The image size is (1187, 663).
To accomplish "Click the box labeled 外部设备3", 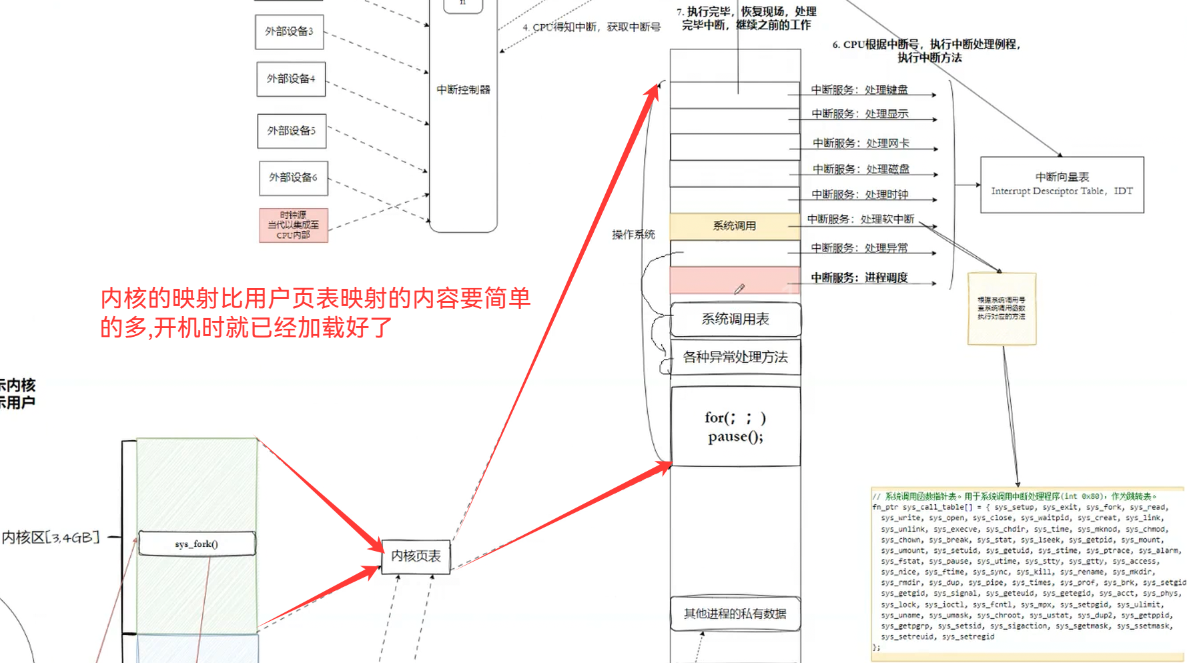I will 289,32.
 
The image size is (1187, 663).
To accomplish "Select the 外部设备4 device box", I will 291,79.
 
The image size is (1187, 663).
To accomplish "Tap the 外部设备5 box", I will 292,131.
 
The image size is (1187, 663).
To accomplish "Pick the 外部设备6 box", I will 293,177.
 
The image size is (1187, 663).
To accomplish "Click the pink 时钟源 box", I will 293,225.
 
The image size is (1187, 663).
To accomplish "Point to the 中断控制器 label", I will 463,89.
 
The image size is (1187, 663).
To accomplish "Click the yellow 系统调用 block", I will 735,226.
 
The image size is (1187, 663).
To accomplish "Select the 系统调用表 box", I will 735,319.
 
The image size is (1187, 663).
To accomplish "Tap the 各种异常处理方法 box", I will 735,358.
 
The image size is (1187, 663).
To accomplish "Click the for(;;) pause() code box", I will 735,427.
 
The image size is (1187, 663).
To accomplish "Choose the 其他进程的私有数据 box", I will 735,614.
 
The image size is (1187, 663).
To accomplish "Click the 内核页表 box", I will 416,556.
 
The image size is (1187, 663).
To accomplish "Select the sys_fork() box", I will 197,544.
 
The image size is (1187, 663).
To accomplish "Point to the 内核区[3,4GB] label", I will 51,538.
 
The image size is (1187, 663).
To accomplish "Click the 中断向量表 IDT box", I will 1062,185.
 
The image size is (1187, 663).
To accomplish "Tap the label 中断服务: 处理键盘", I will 859,90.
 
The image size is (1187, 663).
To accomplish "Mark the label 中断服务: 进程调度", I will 859,278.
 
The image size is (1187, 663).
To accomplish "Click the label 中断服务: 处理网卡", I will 861,143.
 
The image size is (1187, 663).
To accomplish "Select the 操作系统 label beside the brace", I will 633,235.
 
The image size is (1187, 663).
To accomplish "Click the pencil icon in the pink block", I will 739,289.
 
